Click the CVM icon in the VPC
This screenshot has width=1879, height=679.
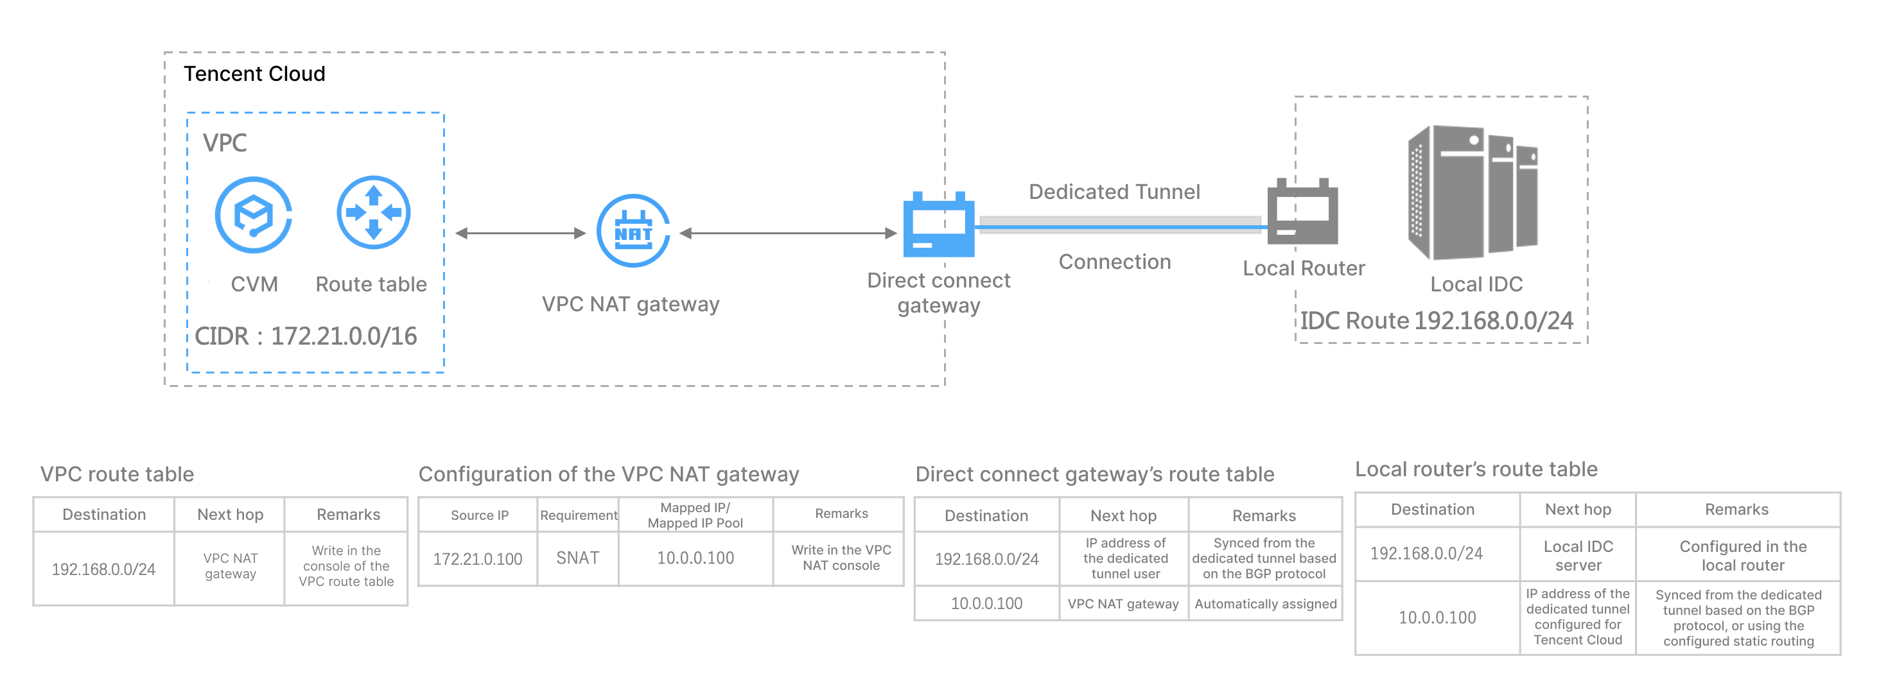(x=253, y=214)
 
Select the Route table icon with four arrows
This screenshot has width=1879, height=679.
(x=374, y=212)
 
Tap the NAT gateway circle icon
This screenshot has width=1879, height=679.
(x=633, y=230)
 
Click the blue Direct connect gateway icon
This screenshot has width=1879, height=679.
(x=938, y=225)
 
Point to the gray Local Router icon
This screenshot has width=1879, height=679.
(x=1303, y=212)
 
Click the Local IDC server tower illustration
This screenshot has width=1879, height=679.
(x=1472, y=193)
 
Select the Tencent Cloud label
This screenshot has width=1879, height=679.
(x=254, y=74)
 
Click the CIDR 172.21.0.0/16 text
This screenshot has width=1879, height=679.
(x=306, y=336)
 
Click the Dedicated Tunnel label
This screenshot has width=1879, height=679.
(x=1114, y=192)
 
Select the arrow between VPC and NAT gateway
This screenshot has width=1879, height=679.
(x=520, y=234)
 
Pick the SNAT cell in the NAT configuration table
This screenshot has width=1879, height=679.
(x=578, y=558)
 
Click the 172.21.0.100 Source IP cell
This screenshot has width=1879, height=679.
(x=478, y=558)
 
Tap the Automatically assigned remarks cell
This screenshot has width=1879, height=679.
(x=1265, y=604)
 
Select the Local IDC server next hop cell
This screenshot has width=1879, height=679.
(x=1578, y=555)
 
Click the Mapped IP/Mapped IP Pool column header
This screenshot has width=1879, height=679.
(x=695, y=515)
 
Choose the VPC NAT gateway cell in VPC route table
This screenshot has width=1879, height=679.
(x=230, y=566)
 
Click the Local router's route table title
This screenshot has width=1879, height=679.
(x=1476, y=469)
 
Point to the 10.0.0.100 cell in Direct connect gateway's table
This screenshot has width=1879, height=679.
(x=986, y=603)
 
